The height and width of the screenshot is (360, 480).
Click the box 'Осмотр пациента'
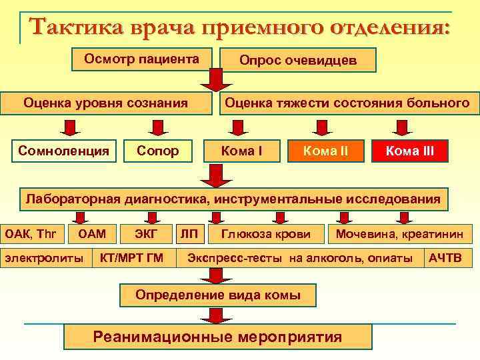(x=141, y=59)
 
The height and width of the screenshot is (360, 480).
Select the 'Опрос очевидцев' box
(x=298, y=61)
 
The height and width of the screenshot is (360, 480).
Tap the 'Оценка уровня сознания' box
(x=105, y=103)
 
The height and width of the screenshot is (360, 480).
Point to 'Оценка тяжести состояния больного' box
(x=347, y=103)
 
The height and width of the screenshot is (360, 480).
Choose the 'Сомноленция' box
(x=64, y=151)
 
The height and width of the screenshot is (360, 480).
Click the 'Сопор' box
(x=157, y=151)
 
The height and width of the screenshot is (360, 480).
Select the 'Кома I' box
(x=241, y=151)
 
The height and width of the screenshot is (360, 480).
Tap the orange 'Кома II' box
(x=325, y=151)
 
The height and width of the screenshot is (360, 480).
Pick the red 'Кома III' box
(x=409, y=151)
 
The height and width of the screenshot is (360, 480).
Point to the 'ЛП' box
(x=188, y=233)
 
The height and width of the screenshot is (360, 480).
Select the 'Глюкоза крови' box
(x=266, y=233)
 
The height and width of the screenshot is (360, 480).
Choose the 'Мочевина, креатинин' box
(x=403, y=233)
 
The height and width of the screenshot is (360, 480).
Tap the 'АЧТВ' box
(x=445, y=257)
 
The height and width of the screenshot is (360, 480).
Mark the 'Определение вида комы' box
(x=217, y=294)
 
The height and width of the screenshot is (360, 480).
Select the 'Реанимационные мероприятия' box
(x=217, y=337)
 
